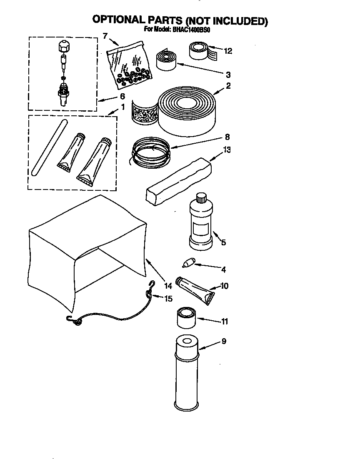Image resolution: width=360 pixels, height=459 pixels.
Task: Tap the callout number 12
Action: [227, 51]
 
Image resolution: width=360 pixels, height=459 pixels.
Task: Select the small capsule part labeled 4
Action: [189, 263]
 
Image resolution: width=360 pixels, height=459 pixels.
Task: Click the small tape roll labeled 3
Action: [167, 60]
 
